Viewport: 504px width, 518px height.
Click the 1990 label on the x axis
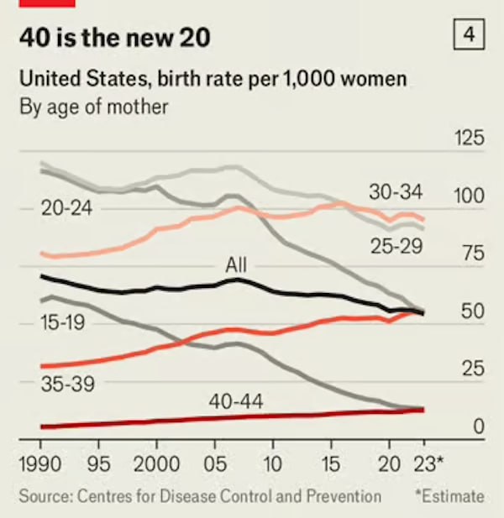coord(40,462)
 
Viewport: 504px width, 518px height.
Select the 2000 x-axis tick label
coord(155,462)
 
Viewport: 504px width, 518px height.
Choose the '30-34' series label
coord(395,191)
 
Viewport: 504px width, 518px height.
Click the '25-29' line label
coord(395,246)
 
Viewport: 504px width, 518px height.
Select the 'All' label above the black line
coord(238,264)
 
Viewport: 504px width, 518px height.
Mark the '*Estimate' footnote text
coord(449,496)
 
